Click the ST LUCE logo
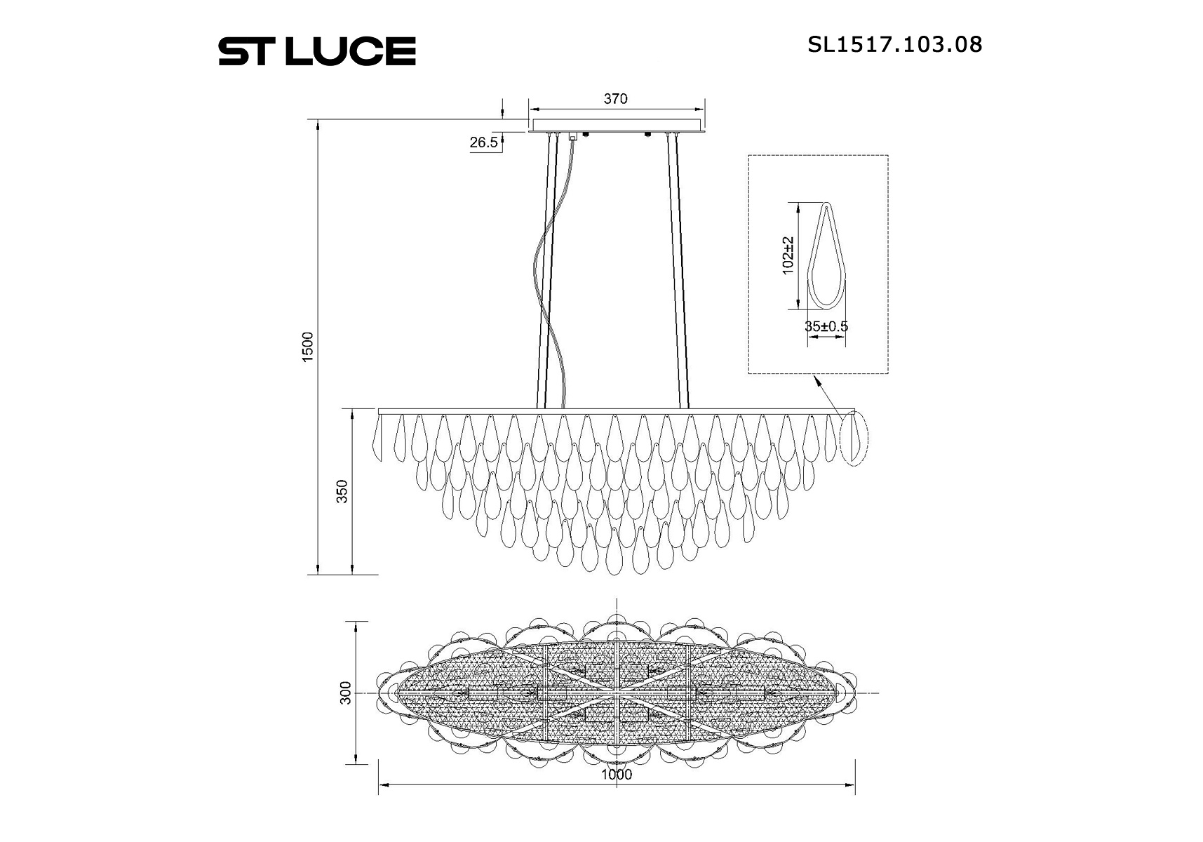[317, 52]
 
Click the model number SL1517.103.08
[895, 45]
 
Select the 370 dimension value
[615, 99]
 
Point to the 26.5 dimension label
[484, 142]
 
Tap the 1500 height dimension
[307, 347]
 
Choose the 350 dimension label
[342, 491]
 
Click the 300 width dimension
[345, 693]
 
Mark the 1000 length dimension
[617, 775]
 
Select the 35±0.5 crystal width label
[826, 326]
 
